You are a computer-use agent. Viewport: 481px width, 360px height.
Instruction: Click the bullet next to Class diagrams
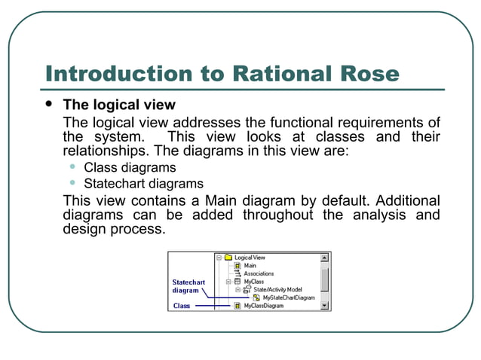coord(73,167)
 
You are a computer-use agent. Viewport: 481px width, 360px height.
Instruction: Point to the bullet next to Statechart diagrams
coord(73,183)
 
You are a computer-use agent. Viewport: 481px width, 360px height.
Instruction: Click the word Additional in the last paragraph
coord(408,200)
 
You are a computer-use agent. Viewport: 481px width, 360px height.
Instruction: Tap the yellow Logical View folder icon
coord(228,258)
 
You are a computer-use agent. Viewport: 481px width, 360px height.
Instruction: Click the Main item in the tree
coord(250,266)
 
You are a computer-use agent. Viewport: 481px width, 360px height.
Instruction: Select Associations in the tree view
coord(259,273)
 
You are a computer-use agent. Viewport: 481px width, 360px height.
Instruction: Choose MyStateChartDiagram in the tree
coord(289,297)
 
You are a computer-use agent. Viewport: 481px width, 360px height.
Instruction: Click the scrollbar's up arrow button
coord(325,258)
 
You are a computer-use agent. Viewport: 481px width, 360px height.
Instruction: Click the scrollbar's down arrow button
coord(325,306)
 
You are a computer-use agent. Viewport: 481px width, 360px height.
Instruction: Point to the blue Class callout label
coord(182,306)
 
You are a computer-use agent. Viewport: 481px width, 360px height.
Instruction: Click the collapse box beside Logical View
coord(219,258)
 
